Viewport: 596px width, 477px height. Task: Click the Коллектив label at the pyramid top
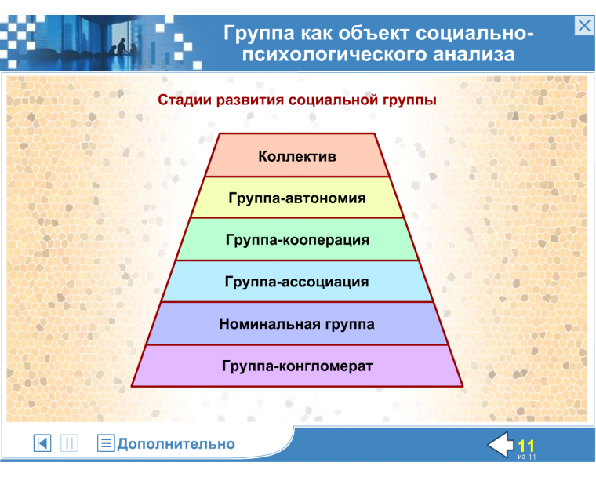[297, 156]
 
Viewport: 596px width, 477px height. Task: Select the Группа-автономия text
[297, 198]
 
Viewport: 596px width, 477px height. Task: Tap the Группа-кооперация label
[297, 239]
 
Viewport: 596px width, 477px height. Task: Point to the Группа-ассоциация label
[297, 281]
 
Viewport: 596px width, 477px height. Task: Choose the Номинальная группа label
[297, 323]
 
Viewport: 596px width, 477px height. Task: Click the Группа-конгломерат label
[297, 366]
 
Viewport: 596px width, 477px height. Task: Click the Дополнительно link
[176, 444]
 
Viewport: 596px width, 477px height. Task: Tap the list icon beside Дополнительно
[106, 443]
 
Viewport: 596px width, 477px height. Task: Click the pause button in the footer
[69, 443]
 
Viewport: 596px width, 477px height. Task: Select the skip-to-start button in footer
[42, 443]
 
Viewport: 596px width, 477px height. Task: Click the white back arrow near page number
[500, 445]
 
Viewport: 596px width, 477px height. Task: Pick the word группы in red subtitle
[409, 100]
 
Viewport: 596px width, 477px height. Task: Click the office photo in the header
[118, 39]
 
